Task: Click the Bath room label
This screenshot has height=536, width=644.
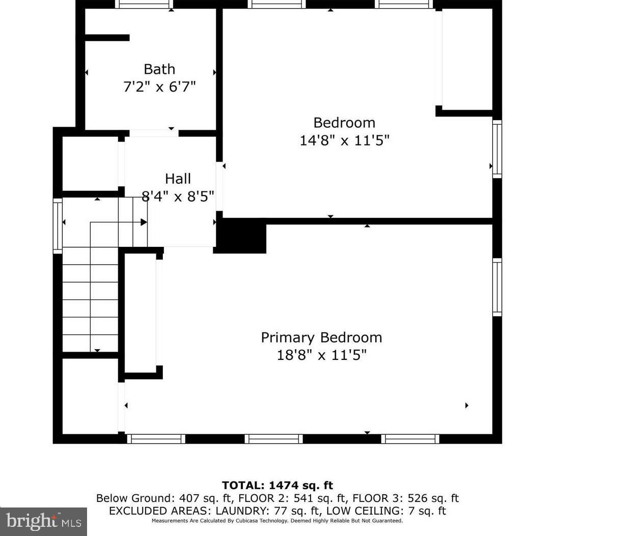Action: coord(159,69)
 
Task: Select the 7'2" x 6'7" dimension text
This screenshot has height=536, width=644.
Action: coord(159,87)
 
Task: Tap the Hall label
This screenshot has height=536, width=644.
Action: coord(178,179)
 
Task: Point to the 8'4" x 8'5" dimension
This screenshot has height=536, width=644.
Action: coord(178,196)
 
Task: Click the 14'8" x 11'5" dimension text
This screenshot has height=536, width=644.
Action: coord(344,140)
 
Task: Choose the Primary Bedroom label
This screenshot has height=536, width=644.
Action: coord(321,337)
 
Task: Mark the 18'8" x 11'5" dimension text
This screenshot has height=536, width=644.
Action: coord(321,355)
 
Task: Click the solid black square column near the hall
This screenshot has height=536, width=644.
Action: coord(241,236)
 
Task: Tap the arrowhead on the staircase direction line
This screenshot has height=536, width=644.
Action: coord(144,222)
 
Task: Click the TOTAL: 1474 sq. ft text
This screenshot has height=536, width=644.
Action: coord(277,486)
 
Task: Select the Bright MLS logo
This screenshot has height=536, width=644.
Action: coord(43,521)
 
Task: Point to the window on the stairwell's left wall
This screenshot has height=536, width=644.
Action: coord(58,225)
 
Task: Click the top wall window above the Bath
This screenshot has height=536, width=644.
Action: coord(144,5)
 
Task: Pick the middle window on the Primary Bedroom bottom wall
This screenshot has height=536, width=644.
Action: coord(273,439)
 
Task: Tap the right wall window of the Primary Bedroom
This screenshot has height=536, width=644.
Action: coord(497,287)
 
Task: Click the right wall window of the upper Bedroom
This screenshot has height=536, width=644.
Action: coord(497,149)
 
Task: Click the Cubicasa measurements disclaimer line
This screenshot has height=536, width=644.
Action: coord(277,521)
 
